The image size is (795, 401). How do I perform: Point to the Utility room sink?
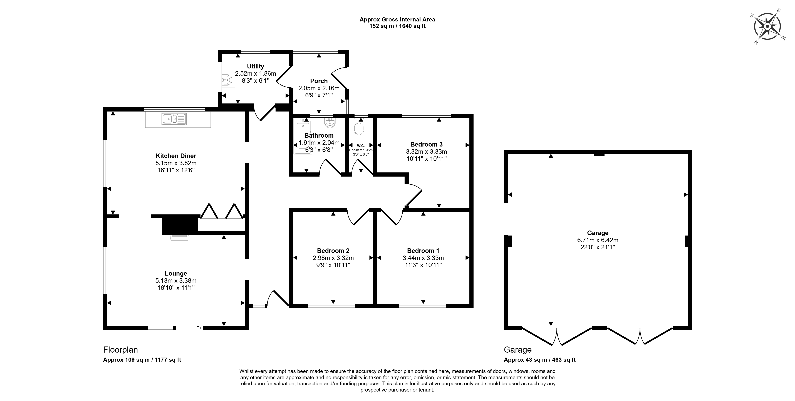point(227,81)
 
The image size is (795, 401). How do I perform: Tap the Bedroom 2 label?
point(333,251)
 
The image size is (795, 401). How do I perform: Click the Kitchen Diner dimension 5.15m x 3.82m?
point(176,163)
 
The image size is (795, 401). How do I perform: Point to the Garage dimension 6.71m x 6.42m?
point(598,240)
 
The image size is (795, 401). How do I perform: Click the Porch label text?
point(319,81)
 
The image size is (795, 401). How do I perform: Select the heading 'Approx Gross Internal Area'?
point(397,19)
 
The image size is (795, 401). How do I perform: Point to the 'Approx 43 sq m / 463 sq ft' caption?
point(539,360)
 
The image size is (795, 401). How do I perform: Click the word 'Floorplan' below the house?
point(120,350)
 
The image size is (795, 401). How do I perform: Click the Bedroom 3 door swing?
point(413,194)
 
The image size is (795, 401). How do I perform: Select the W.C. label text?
point(361,146)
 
